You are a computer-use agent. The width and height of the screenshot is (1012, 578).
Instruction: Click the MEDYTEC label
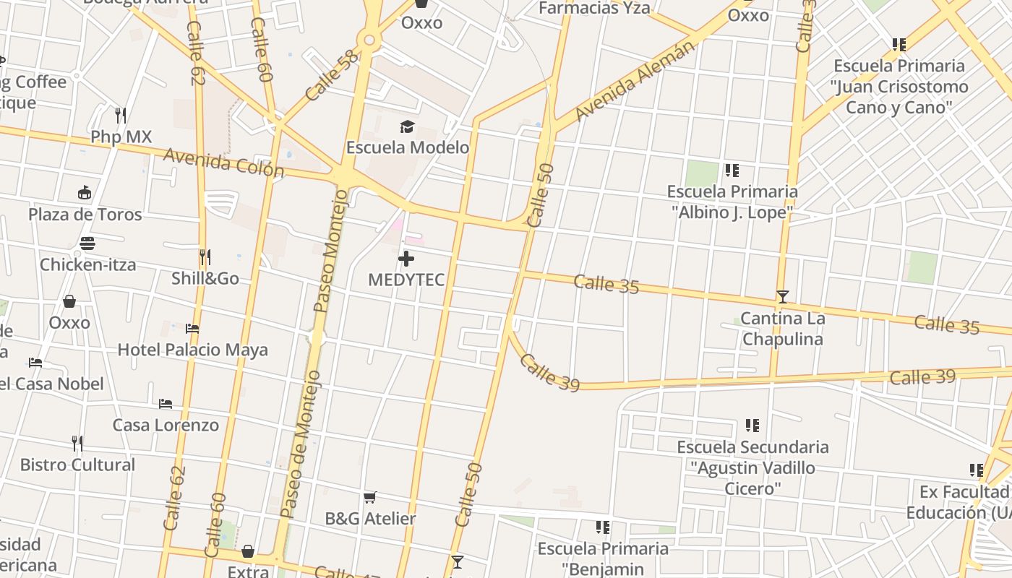(406, 280)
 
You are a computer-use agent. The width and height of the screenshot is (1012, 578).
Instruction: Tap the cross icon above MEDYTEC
(406, 259)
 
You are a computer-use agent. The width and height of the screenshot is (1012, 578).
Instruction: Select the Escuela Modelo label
(408, 147)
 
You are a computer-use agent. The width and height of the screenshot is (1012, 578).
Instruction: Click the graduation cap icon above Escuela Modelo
(407, 127)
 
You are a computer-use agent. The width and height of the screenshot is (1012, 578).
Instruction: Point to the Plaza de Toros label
(85, 215)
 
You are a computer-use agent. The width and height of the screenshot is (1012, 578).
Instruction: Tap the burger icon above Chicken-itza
(87, 243)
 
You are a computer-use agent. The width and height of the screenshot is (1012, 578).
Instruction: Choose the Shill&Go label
(205, 278)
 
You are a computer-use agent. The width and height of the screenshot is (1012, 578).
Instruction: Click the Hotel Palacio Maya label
(193, 350)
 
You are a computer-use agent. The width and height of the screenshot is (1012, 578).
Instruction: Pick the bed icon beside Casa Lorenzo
(166, 404)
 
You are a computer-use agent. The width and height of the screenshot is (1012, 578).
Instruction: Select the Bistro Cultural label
(77, 465)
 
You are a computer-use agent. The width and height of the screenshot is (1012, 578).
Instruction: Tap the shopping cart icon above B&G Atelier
(370, 497)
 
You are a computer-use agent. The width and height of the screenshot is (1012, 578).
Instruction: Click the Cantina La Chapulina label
(782, 329)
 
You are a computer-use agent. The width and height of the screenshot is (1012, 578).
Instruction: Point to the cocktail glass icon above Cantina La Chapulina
(782, 297)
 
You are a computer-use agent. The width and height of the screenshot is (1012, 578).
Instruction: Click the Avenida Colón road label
(224, 163)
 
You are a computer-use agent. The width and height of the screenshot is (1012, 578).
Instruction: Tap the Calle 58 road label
(332, 75)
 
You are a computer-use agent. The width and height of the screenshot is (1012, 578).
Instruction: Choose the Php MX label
(121, 137)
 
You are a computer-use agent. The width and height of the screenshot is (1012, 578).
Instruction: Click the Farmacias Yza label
(595, 8)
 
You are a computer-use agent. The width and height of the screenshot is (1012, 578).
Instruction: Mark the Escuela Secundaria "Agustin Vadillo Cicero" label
(752, 467)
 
